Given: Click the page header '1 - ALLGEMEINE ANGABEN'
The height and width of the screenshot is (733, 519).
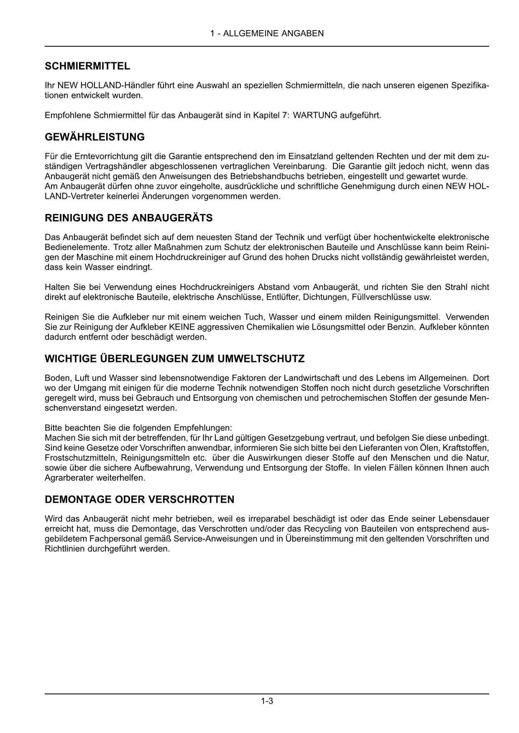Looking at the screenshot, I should tap(267, 33).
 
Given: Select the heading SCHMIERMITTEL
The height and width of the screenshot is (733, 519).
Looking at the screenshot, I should tap(87, 66).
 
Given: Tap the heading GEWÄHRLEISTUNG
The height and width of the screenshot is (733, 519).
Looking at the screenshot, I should tap(95, 137).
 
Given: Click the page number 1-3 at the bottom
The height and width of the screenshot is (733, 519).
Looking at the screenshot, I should tap(267, 701).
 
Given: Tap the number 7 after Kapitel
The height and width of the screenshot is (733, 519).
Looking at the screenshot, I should tap(284, 115).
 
